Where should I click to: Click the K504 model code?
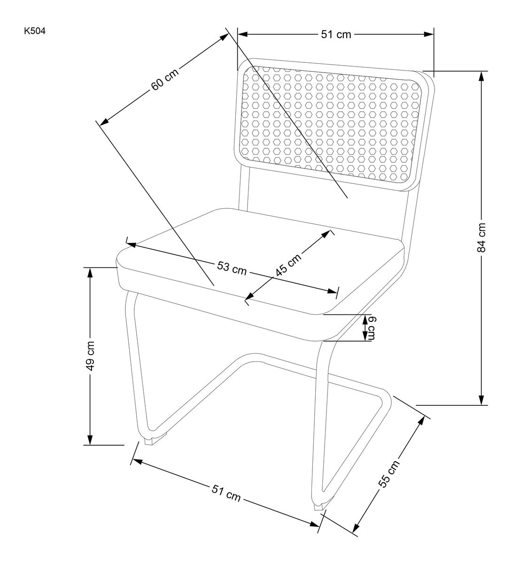tap(35, 32)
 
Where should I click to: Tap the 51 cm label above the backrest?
tap(335, 34)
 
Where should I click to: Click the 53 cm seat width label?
tap(232, 268)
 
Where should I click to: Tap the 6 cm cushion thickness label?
tap(371, 328)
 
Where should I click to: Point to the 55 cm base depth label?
tap(389, 473)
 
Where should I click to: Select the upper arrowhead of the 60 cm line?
tap(224, 37)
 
